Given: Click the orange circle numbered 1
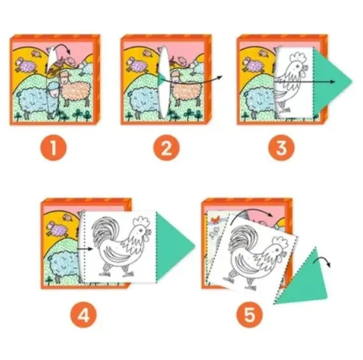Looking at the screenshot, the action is point(53,148).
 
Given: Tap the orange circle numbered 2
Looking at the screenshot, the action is point(166,148).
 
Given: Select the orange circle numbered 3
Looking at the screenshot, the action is point(281,148).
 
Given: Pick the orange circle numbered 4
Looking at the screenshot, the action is point(83,315).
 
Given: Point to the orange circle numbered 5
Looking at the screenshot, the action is point(250,315).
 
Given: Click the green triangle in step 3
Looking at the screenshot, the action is point(330,81).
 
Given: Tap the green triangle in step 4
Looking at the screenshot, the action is point(173,246).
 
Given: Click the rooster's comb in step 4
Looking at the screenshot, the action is point(141,221).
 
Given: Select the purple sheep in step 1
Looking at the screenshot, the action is point(25,65).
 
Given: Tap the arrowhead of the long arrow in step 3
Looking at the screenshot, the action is point(332,81).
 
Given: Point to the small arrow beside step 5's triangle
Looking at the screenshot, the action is point(322,261).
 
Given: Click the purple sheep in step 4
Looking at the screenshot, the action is point(59,229).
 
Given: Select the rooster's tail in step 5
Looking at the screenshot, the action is point(240,238).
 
